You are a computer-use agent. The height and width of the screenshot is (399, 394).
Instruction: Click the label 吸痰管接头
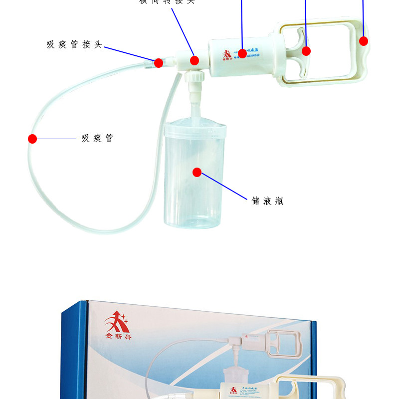pos(74,45)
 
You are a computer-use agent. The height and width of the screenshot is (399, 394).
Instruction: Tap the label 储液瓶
pos(268,201)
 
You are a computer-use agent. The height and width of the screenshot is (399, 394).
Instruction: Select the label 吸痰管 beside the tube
pos(97,138)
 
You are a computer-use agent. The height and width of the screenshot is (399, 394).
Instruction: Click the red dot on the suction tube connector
pos(158,63)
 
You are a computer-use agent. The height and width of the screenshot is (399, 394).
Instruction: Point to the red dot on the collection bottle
pos(197,173)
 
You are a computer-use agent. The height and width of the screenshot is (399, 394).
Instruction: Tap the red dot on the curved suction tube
pos(32,139)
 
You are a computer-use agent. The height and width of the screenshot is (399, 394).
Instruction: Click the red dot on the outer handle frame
pos(364,41)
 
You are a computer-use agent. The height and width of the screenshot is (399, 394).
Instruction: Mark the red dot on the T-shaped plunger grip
pos(306,50)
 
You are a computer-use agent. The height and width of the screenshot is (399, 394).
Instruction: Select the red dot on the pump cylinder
pos(242,52)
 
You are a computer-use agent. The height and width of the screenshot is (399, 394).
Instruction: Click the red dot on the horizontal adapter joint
pos(195,61)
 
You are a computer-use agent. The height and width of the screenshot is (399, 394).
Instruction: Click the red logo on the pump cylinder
pos(227,54)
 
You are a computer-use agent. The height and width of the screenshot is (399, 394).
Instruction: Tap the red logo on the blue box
pos(117,322)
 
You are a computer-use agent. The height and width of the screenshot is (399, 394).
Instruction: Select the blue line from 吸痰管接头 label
pos(130,54)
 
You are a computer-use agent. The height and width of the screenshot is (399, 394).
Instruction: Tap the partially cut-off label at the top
pos(167,2)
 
